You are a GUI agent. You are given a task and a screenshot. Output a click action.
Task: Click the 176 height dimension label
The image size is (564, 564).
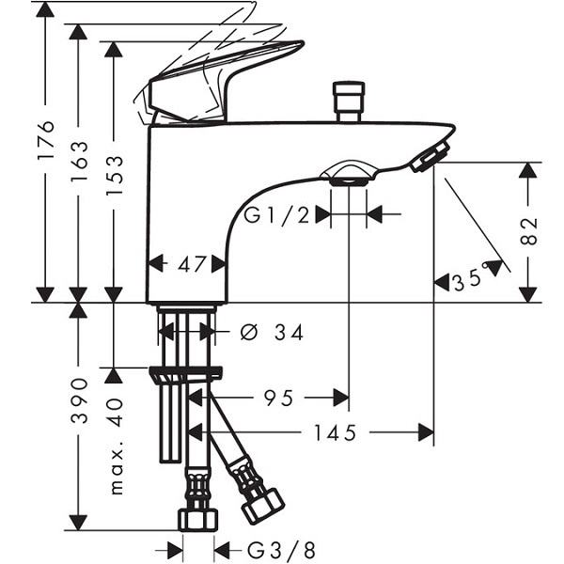point(46,140)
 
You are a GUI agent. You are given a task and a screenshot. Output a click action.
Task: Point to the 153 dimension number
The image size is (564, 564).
point(115,175)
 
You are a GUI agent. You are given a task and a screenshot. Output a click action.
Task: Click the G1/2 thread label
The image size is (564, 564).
point(276,215)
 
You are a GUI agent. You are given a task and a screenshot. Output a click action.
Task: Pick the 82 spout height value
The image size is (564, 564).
point(528,231)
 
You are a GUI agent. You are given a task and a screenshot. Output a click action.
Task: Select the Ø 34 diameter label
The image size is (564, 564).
point(272,332)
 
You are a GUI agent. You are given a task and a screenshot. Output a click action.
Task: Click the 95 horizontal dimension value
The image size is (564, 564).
point(279,398)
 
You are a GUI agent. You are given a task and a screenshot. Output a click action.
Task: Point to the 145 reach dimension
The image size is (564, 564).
point(336,432)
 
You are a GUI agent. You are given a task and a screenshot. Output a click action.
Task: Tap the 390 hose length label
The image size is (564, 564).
point(79,400)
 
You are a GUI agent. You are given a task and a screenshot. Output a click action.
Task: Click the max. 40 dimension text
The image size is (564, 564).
point(116,446)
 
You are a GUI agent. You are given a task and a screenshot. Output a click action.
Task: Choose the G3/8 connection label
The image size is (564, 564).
point(281,550)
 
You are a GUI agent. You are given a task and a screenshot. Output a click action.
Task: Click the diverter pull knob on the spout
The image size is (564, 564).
point(349,102)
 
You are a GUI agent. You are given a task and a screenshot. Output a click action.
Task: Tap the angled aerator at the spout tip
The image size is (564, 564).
point(431,156)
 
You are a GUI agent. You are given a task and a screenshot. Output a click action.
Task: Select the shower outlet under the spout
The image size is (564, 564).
point(348,174)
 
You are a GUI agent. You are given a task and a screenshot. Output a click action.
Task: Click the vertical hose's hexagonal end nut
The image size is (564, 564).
point(198,520)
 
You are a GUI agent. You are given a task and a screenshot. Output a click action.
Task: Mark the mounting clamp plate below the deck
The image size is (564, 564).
point(185,374)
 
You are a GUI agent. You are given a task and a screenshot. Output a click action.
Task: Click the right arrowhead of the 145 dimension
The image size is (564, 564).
point(426,432)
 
